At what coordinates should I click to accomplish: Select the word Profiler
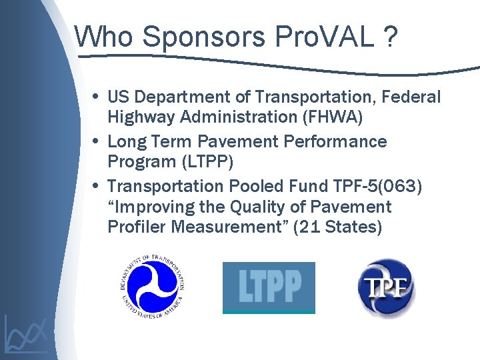point(137,227)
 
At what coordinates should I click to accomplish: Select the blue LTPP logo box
point(269,287)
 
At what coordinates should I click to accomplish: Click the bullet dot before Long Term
point(98,141)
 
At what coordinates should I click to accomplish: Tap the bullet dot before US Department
point(98,97)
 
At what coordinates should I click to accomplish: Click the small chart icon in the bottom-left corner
point(25,333)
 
